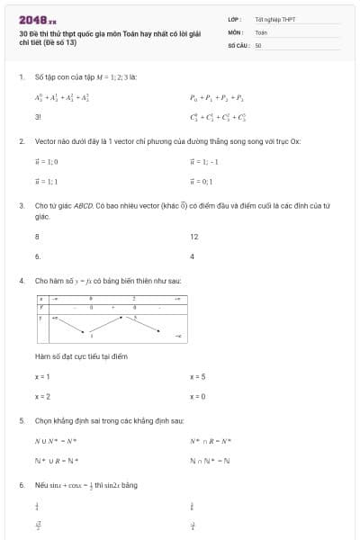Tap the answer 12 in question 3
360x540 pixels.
pyautogui.click(x=193, y=237)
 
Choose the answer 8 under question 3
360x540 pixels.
pyautogui.click(x=37, y=237)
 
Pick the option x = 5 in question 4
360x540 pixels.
pyautogui.click(x=198, y=376)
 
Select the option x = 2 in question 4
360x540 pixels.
pyautogui.click(x=42, y=396)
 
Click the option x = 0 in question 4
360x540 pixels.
pyautogui.click(x=198, y=396)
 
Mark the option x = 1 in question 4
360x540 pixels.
pyautogui.click(x=42, y=376)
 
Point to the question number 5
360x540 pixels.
pyautogui.click(x=21, y=420)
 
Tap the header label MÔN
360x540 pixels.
pyautogui.click(x=235, y=31)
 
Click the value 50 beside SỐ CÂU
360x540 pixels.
pyautogui.click(x=258, y=44)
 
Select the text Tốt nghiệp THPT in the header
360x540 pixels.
pyautogui.click(x=274, y=19)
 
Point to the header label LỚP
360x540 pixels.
pyautogui.click(x=234, y=19)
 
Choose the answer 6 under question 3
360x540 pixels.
pyautogui.click(x=37, y=256)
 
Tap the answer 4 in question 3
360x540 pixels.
pyautogui.click(x=193, y=256)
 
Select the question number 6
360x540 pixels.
pyautogui.click(x=21, y=485)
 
